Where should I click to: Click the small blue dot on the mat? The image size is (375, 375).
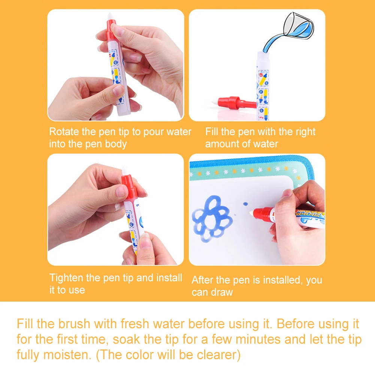coord(245,204)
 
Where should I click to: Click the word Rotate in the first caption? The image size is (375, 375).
coord(63,132)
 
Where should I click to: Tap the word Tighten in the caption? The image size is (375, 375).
coord(66,278)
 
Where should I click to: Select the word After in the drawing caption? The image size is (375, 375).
coord(202,280)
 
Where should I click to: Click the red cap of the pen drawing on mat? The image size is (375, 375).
coord(262,215)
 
